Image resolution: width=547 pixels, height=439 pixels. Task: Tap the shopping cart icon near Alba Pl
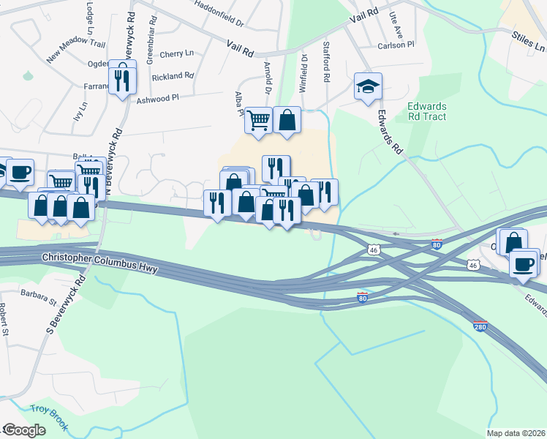pyautogui.click(x=258, y=119)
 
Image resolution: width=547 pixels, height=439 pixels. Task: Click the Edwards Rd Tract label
pyautogui.click(x=426, y=111)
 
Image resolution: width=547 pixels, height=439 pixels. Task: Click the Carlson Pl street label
pyautogui.click(x=396, y=45)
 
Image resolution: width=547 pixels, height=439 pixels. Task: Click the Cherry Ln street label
pyautogui.click(x=176, y=53)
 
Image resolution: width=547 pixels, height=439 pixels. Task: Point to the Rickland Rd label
pyautogui.click(x=173, y=76)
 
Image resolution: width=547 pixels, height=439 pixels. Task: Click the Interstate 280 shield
pyautogui.click(x=480, y=324)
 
